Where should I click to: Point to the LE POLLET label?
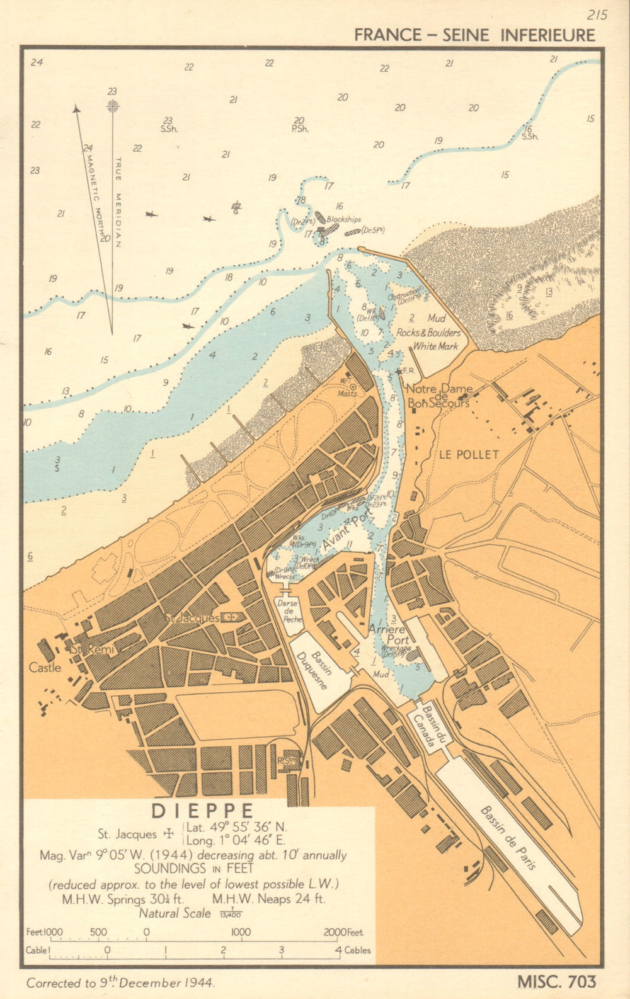coord(469,454)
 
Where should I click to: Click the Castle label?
coord(45,667)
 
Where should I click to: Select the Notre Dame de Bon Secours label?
coord(439,396)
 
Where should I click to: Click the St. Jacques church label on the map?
coord(192,618)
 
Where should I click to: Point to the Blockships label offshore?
coord(344,219)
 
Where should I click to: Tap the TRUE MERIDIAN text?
coord(118,202)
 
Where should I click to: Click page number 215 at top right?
coord(597,14)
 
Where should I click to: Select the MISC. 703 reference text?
coord(556,981)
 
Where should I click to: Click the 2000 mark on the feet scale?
coord(336,932)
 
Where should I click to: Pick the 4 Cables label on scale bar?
coord(353,950)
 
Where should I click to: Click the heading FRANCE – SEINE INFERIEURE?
coord(474,35)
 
